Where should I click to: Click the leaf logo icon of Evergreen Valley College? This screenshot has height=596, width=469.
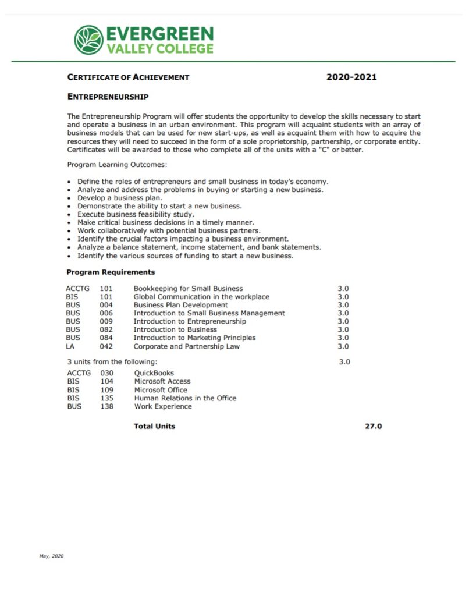pyautogui.click(x=88, y=40)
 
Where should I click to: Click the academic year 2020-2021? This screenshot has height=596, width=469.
pyautogui.click(x=351, y=77)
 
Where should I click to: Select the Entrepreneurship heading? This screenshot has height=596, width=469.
pyautogui.click(x=108, y=96)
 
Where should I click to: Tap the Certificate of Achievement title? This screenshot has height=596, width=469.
pyautogui.click(x=128, y=77)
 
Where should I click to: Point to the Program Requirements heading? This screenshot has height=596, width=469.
pyautogui.click(x=111, y=272)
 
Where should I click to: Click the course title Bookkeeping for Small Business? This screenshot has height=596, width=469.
pyautogui.click(x=188, y=289)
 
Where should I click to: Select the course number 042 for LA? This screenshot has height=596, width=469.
pyautogui.click(x=106, y=346)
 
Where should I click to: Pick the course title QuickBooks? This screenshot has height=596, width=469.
pyautogui.click(x=154, y=373)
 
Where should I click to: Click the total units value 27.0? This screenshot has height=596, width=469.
pyautogui.click(x=373, y=426)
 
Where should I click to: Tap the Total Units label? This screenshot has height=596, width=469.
pyautogui.click(x=154, y=426)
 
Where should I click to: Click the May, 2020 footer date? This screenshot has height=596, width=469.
pyautogui.click(x=51, y=556)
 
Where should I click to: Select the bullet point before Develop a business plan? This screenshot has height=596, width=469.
pyautogui.click(x=70, y=198)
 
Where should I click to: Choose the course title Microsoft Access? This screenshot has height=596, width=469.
pyautogui.click(x=162, y=381)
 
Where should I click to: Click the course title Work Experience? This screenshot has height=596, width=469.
pyautogui.click(x=162, y=406)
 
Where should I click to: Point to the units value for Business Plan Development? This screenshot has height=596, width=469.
pyautogui.click(x=343, y=305)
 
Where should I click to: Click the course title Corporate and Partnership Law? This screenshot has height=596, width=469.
pyautogui.click(x=186, y=346)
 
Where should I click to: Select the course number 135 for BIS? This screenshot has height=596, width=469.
pyautogui.click(x=106, y=398)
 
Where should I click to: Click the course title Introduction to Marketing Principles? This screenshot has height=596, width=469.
pyautogui.click(x=194, y=338)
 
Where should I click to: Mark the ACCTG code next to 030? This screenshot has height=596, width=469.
pyautogui.click(x=79, y=373)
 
